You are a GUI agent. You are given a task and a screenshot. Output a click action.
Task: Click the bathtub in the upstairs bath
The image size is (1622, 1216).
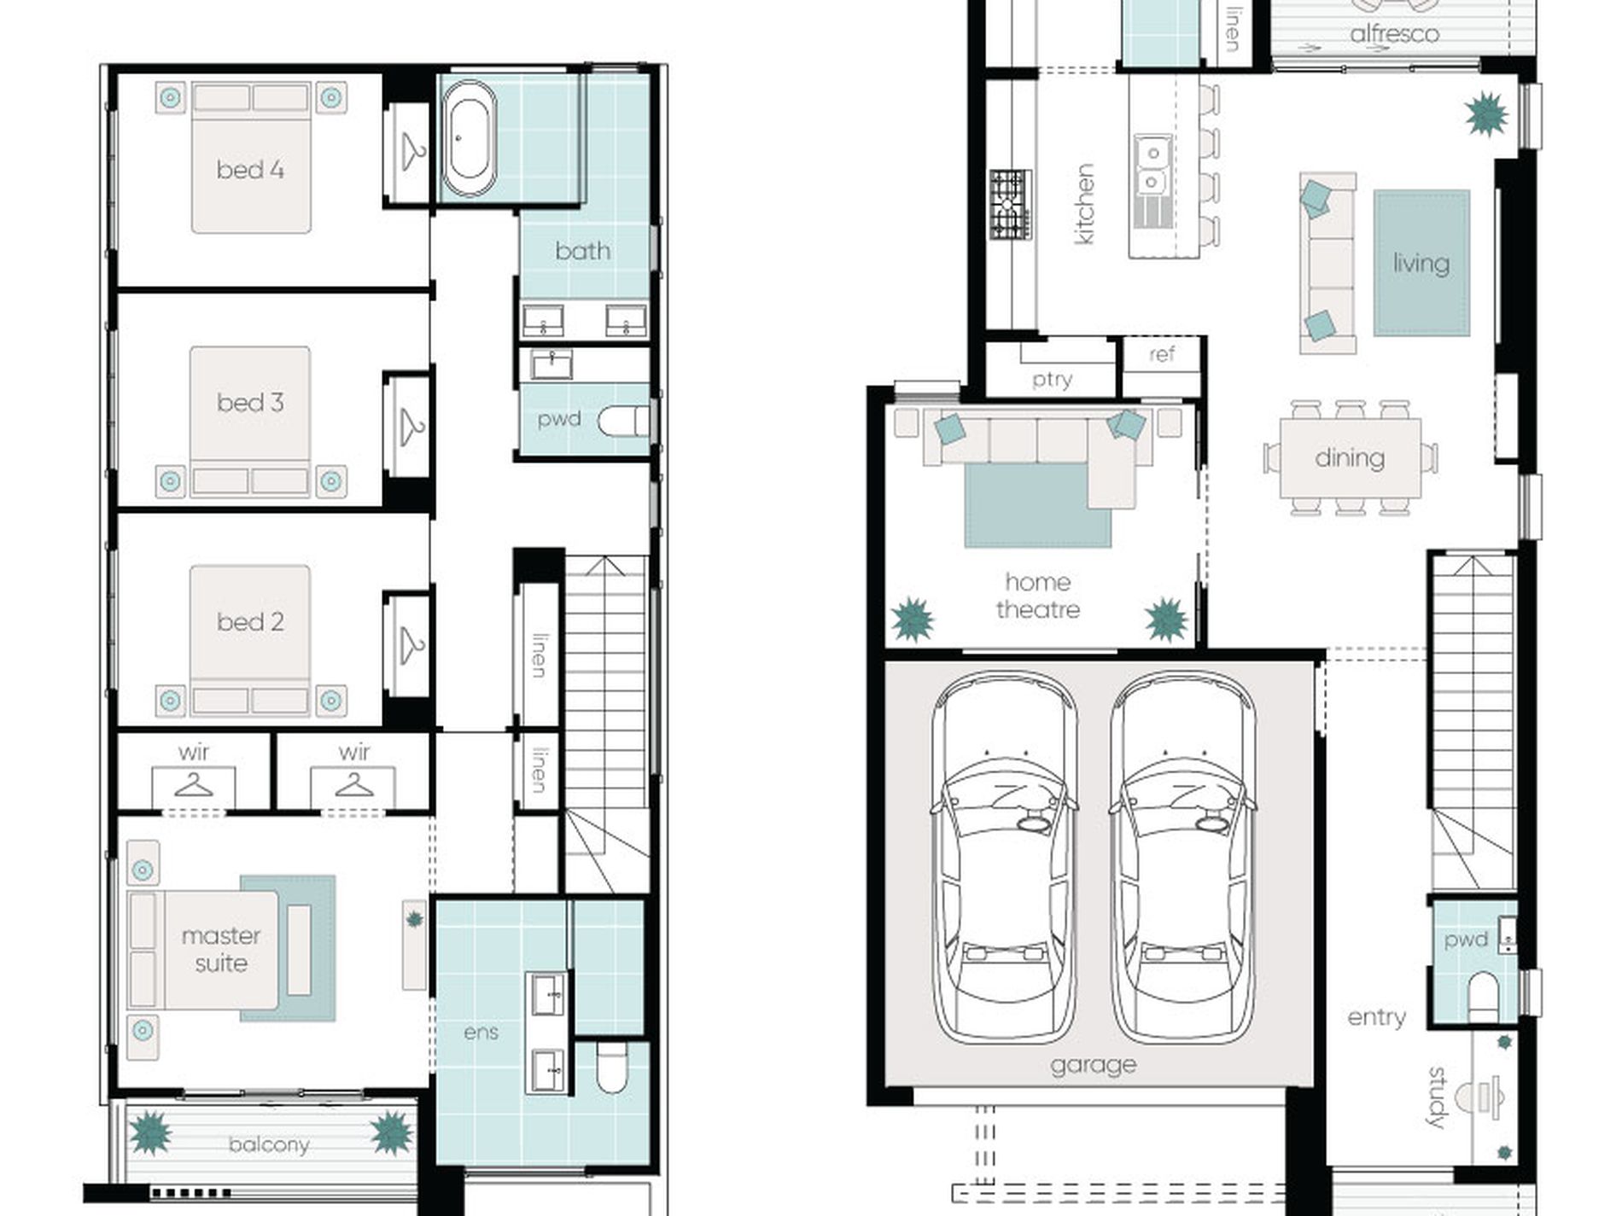click(x=468, y=138)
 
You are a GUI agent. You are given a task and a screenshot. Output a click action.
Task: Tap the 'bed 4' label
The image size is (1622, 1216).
click(x=250, y=170)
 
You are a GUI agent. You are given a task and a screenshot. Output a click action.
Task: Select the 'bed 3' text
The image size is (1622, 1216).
click(x=250, y=402)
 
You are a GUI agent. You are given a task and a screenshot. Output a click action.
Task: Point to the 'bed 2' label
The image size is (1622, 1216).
click(x=250, y=621)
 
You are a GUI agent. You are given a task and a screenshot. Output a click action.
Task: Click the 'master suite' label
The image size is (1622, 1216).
click(x=221, y=949)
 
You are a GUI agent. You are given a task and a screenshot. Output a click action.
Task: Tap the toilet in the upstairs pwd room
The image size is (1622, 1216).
click(x=622, y=422)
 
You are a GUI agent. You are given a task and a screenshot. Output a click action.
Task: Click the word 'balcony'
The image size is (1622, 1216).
click(x=269, y=1144)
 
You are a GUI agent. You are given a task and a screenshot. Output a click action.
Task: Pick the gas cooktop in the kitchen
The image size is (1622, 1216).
click(x=1011, y=205)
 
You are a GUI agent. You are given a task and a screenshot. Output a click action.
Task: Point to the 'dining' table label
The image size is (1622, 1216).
click(x=1350, y=457)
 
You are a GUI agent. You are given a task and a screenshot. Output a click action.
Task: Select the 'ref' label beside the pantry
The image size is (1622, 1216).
click(x=1162, y=353)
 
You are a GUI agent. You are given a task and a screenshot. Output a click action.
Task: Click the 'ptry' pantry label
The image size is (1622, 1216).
click(x=1052, y=380)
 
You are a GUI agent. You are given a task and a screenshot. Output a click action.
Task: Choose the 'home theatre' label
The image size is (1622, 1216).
click(x=1037, y=596)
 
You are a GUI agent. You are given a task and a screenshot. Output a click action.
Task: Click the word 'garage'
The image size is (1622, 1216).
click(x=1094, y=1065)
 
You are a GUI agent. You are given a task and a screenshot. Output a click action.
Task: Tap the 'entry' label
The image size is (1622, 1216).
click(x=1376, y=1017)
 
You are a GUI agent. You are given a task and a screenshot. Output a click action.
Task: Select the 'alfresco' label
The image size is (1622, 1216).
click(x=1395, y=34)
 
